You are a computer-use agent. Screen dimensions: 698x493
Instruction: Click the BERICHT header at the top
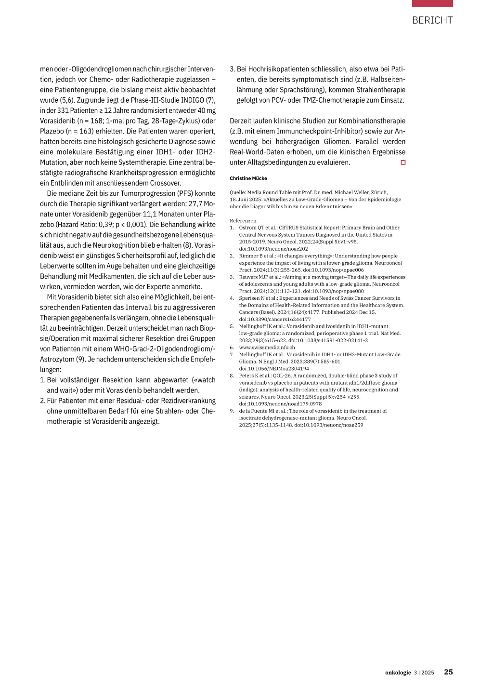point(432,20)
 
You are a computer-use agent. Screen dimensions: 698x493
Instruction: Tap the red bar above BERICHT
point(432,3)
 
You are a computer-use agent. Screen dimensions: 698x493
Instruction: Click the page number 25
point(448,672)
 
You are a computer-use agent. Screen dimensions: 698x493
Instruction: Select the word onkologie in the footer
point(398,672)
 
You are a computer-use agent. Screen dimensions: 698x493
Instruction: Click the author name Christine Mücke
point(248,178)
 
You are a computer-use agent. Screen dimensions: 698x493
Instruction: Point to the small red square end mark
point(403,162)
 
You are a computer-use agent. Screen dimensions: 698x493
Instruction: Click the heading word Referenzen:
point(244,221)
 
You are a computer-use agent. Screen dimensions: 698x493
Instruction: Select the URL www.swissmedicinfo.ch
point(267,348)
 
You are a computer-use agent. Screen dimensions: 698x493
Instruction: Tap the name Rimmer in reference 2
point(248,256)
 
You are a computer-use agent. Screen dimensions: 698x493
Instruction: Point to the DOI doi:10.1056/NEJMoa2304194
point(274,368)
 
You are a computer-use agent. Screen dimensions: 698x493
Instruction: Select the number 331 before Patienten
point(63,110)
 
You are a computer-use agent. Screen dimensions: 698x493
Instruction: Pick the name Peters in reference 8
point(246,376)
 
